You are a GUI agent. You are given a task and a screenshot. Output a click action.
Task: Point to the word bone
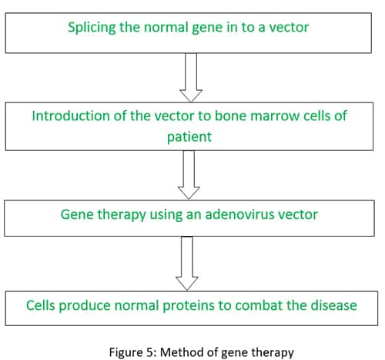point(230,116)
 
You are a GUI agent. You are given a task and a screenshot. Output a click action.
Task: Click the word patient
point(189,137)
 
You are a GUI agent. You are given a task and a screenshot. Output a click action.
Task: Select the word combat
point(259,305)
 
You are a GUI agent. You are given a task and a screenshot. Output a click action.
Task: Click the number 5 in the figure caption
point(150,352)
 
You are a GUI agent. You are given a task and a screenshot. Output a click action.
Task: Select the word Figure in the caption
point(126,353)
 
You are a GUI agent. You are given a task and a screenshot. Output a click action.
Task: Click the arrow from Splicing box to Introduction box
point(191,78)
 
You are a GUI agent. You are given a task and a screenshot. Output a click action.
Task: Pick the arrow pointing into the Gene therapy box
point(189,175)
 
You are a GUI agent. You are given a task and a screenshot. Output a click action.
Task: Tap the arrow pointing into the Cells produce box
point(187,264)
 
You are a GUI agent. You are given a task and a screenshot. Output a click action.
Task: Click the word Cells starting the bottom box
point(41,305)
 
